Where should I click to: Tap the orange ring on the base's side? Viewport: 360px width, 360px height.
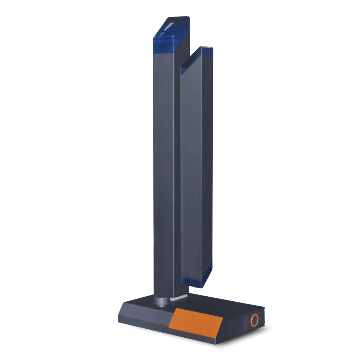coord(255,320)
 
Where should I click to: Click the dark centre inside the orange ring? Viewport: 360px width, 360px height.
coord(255,320)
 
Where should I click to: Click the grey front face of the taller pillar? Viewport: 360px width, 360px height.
coord(164,162)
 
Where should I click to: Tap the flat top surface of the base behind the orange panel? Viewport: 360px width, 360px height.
coord(216,302)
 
